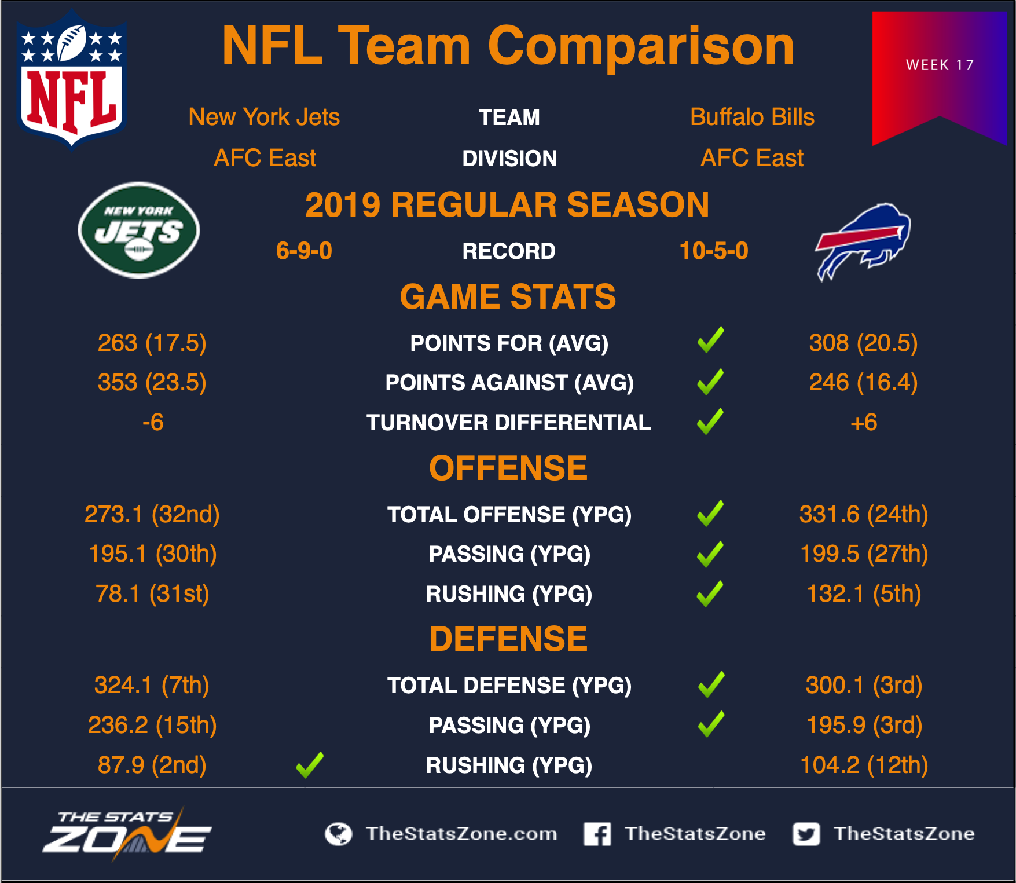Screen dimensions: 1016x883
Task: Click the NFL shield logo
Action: point(71,80)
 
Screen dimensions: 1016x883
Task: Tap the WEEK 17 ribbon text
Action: point(940,65)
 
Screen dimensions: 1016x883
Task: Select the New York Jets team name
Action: point(264,117)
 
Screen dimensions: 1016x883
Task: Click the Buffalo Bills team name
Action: point(752,117)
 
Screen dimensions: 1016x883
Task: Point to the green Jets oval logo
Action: point(139,230)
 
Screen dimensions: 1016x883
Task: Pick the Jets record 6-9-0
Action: point(304,251)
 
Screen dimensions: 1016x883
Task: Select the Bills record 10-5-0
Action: point(714,251)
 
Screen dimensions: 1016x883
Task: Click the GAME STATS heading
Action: point(508,296)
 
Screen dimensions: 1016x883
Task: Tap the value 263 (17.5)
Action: point(152,343)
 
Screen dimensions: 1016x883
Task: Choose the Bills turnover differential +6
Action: point(864,422)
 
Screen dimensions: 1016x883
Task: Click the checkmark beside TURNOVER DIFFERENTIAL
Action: point(710,422)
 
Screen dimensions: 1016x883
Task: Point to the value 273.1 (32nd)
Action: point(152,514)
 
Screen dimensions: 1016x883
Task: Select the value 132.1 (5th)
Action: point(864,593)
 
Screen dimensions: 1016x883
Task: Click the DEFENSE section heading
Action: point(508,639)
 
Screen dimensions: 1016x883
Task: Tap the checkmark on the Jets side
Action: point(310,765)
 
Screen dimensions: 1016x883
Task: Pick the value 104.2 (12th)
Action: point(864,765)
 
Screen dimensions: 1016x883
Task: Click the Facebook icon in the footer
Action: point(597,834)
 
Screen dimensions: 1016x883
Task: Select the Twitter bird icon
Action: point(806,834)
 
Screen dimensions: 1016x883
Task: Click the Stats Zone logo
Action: point(127,834)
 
